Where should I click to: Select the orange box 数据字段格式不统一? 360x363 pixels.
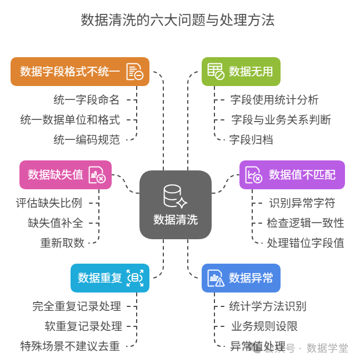(x=80, y=72)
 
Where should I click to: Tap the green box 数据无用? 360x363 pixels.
(x=241, y=72)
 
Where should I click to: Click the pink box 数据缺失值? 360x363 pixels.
(x=66, y=175)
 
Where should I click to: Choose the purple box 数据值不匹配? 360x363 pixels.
(x=292, y=175)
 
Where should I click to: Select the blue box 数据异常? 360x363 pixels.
(x=241, y=278)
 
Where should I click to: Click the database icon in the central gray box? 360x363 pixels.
(x=174, y=196)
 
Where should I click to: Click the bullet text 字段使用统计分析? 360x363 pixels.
(x=274, y=100)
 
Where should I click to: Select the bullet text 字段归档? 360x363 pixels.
(x=251, y=139)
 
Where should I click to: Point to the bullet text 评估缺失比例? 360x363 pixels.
(x=49, y=203)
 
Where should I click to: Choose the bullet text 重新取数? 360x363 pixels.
(x=62, y=243)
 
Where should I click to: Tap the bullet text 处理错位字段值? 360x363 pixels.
(x=306, y=243)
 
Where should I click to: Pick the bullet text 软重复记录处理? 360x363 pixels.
(x=83, y=326)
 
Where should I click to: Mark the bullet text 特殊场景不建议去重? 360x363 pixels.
(x=70, y=346)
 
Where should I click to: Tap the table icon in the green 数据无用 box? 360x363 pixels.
(x=215, y=71)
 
